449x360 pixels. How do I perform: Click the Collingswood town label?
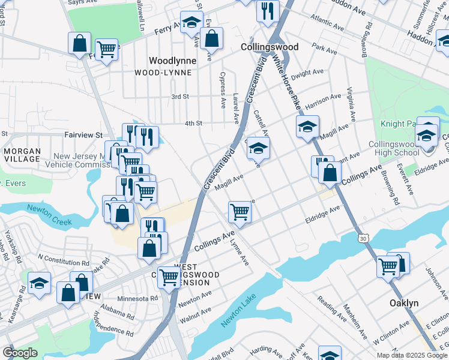pyautogui.click(x=269, y=46)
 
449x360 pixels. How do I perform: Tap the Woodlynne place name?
pyautogui.click(x=170, y=61)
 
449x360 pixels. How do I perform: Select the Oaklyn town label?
pyautogui.click(x=403, y=303)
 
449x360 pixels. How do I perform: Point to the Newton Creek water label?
pyautogui.click(x=49, y=215)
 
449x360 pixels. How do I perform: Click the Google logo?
pyautogui.click(x=20, y=353)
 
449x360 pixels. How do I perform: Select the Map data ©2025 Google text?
pyautogui.click(x=412, y=355)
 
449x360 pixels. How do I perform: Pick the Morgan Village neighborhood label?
pyautogui.click(x=22, y=155)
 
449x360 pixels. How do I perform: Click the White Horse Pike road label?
pyautogui.click(x=286, y=83)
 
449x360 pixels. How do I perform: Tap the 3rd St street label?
pyautogui.click(x=180, y=97)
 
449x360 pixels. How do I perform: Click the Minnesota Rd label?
pyautogui.click(x=137, y=298)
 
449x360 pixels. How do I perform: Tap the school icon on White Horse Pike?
pyautogui.click(x=307, y=127)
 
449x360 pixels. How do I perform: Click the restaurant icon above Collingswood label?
pyautogui.click(x=267, y=10)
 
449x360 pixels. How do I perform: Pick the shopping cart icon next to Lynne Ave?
pyautogui.click(x=240, y=211)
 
